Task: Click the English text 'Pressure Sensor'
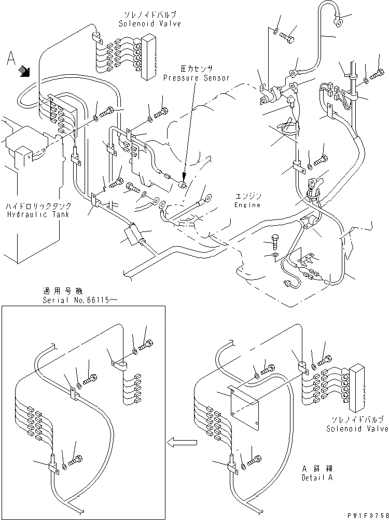coord(197,78)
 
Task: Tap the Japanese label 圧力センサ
coord(197,68)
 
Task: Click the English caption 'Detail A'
coord(316,477)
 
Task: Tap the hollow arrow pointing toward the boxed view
coord(182,443)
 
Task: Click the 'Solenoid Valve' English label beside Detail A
coord(357,429)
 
